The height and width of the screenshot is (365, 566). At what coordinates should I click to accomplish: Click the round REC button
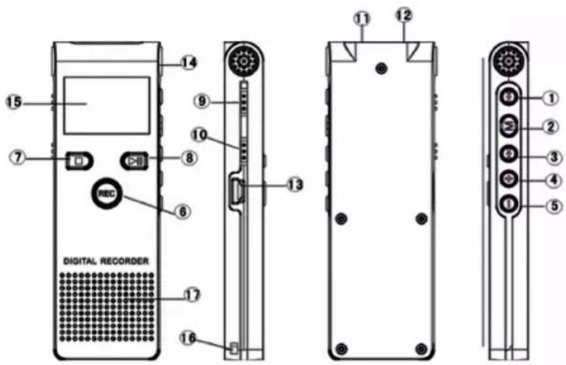click(x=106, y=194)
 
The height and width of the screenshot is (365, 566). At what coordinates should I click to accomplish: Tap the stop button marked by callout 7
click(x=79, y=160)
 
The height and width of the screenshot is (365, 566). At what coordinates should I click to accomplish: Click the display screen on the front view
click(x=107, y=105)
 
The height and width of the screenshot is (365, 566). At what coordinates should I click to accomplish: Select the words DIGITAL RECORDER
click(x=106, y=261)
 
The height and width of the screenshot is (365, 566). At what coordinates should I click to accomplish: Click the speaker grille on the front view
click(x=107, y=307)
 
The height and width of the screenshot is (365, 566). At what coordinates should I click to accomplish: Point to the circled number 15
click(x=14, y=102)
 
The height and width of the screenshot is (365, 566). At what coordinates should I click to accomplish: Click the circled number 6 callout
click(x=183, y=212)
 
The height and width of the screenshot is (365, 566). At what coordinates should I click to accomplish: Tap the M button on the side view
click(x=509, y=126)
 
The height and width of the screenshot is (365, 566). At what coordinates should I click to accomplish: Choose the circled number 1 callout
click(x=551, y=98)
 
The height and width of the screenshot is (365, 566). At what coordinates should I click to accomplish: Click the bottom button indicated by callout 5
click(x=509, y=204)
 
